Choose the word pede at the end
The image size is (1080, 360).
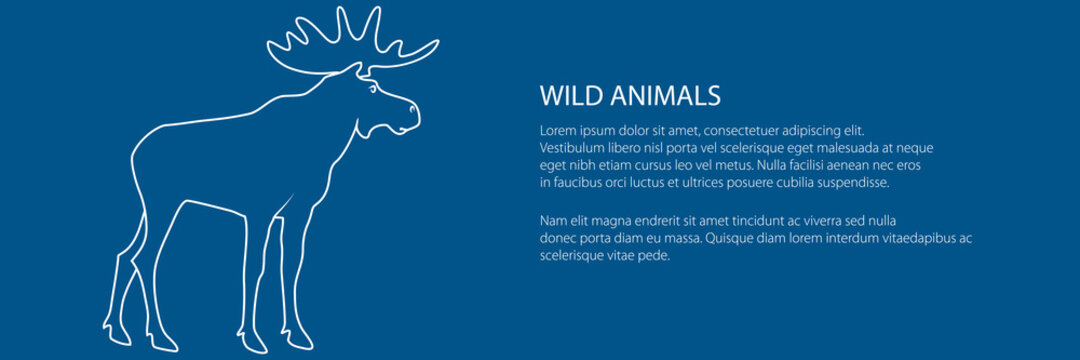click(x=654, y=255)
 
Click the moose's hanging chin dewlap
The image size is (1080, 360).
click(x=372, y=129)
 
